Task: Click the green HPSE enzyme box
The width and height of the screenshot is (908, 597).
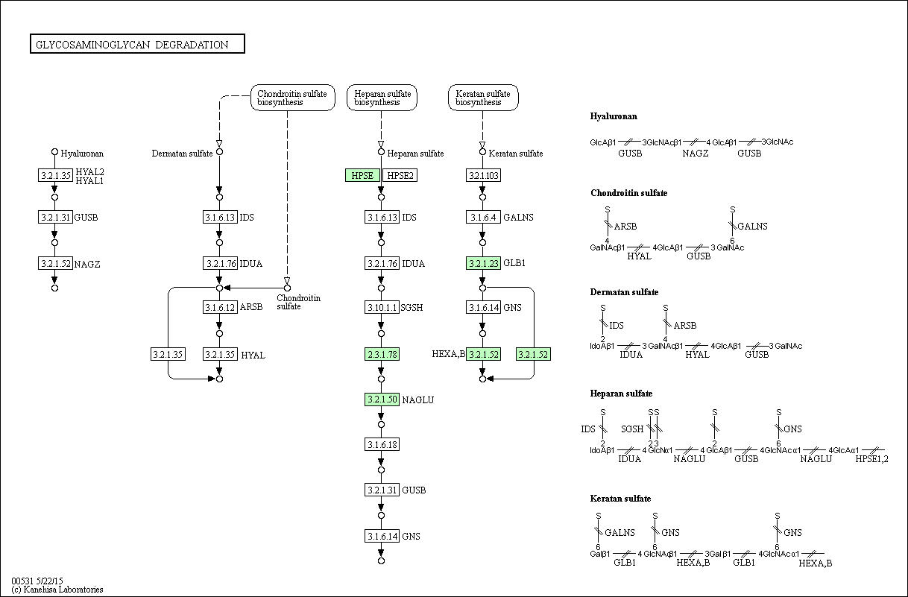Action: click(362, 175)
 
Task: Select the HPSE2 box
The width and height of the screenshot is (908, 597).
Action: click(400, 175)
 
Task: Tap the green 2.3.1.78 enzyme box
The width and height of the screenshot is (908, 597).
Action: click(382, 354)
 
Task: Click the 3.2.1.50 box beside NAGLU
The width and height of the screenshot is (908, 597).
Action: click(382, 399)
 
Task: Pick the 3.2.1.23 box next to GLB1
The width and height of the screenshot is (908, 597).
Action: click(483, 263)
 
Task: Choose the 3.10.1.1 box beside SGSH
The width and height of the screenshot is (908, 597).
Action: click(382, 307)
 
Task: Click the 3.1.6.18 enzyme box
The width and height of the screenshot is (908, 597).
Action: click(382, 444)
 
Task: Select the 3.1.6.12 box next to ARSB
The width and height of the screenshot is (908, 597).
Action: click(220, 307)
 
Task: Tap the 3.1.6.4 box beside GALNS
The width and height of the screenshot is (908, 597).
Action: click(483, 217)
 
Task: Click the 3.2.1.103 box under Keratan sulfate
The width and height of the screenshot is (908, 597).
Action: click(483, 175)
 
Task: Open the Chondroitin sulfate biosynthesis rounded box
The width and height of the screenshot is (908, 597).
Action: click(293, 98)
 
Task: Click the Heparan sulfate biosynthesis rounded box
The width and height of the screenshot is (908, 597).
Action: click(382, 98)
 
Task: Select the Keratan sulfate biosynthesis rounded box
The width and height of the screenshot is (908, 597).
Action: click(483, 98)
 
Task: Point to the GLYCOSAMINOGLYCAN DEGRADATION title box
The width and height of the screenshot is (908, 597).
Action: click(137, 44)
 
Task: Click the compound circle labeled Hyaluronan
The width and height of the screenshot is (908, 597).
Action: click(54, 151)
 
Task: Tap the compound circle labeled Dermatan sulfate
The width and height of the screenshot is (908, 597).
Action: click(219, 151)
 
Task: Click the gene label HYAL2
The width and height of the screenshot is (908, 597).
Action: click(89, 172)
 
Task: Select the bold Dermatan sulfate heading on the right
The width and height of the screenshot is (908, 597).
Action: click(624, 292)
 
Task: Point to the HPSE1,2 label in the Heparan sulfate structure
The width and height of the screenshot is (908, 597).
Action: click(871, 459)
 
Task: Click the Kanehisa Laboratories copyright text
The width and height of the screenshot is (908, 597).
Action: click(57, 590)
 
